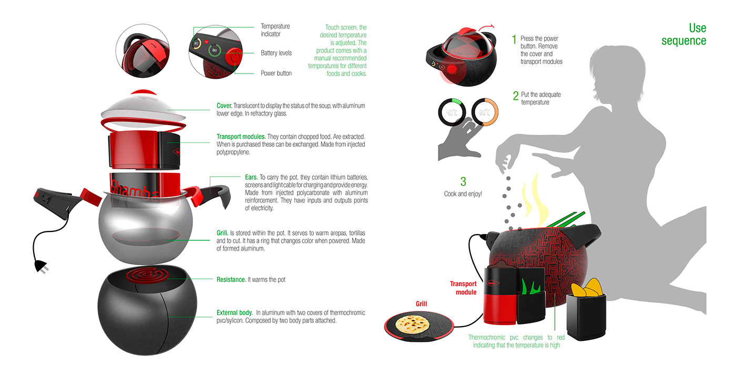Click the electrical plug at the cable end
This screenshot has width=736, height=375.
pos(42,267)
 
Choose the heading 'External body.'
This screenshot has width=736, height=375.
pos(234,313)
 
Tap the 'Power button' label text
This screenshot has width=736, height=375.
pos(276,73)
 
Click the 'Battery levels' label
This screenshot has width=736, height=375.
pos(276,53)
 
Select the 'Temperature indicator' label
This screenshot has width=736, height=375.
pos(275,30)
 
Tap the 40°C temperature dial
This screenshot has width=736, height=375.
pos(452,113)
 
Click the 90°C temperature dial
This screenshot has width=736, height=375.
pos(485,113)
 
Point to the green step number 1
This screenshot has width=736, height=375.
pos(514,39)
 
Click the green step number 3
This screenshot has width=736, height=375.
pos(463,181)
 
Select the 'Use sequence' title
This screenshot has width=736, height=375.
pos(684,34)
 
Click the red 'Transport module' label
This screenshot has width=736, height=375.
pos(463,288)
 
